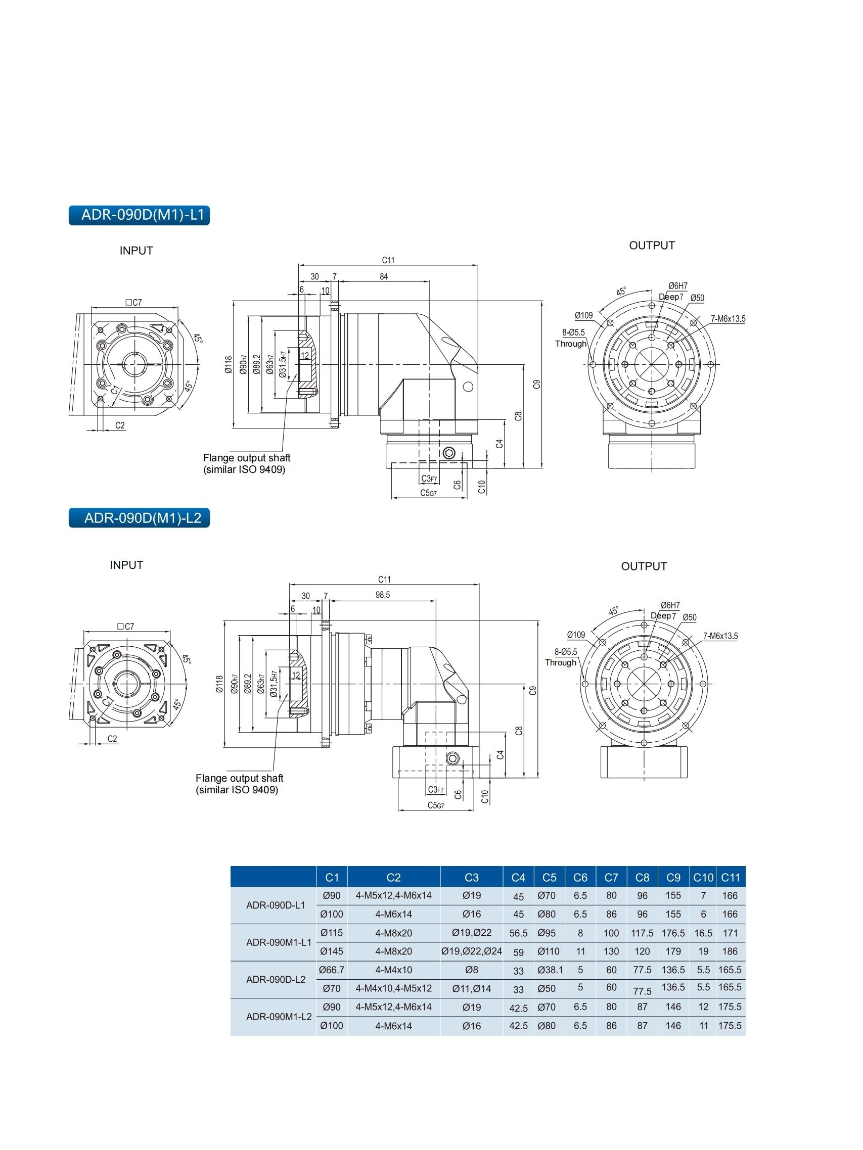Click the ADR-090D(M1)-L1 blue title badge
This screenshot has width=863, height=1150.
coord(139,215)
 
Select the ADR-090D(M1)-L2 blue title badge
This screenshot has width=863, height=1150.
coord(139,518)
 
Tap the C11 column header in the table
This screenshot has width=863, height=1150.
coord(730,878)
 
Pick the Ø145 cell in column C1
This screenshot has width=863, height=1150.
coord(331,951)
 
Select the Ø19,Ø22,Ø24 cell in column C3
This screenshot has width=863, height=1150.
coord(471,951)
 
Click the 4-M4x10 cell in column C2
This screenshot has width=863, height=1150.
coord(393,970)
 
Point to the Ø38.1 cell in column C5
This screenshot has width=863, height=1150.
coord(550,970)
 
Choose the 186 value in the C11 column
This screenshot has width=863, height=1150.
coord(730,951)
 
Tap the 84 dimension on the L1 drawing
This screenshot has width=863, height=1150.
coord(383,276)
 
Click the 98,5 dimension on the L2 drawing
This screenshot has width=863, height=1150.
coord(382,595)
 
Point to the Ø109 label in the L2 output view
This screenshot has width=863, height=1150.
coord(576,635)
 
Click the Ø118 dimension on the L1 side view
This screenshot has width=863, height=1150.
coord(228,364)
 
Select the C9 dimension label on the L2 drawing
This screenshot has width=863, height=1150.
coord(532,691)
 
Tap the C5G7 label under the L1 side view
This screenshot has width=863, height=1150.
coord(428,493)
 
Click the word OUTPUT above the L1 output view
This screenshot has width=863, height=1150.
coord(651,246)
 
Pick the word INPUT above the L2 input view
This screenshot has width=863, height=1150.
coord(126,565)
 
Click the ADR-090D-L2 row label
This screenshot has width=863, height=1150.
coord(275,980)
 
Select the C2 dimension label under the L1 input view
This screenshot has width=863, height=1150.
coord(120,425)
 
